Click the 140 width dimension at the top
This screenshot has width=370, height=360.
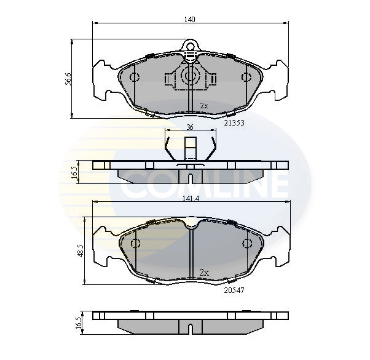point(189,20)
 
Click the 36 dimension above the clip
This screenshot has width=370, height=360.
point(189,127)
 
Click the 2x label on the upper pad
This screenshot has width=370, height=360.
point(204,106)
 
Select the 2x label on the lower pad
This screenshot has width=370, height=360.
point(204,271)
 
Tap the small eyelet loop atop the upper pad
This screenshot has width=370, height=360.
point(191,45)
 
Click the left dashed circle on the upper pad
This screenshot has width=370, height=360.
point(135,77)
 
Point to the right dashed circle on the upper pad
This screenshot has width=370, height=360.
point(246,77)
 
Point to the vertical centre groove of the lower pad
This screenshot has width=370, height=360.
point(191,252)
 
